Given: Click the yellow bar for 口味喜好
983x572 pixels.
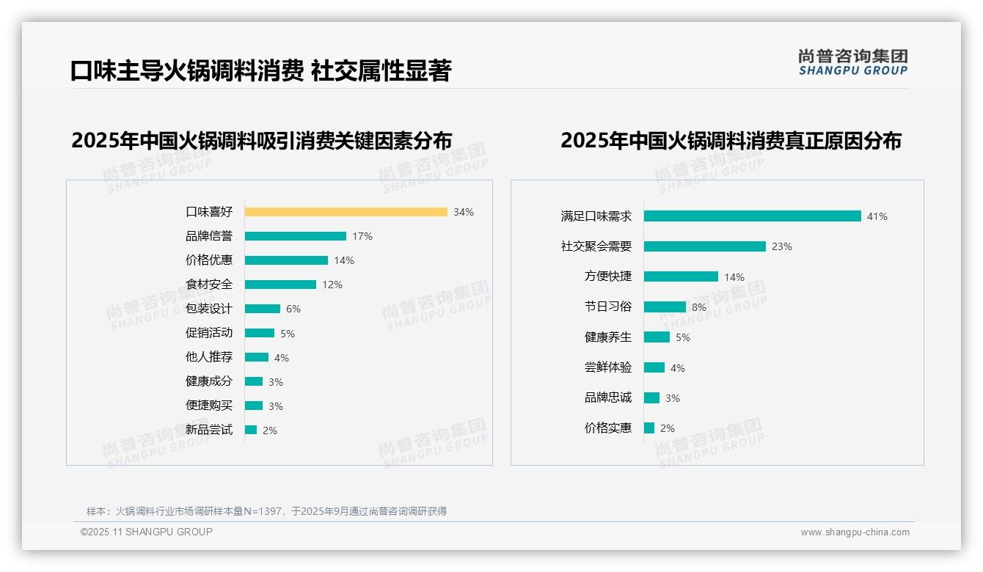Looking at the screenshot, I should tap(346, 212).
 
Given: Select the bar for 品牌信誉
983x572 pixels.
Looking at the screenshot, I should tap(295, 236).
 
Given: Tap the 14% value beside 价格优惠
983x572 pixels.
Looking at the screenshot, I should tap(344, 260).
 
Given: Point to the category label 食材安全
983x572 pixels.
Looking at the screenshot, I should tap(209, 285).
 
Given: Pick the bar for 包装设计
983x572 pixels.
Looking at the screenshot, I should tap(263, 309).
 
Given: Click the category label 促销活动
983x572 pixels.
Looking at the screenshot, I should tap(209, 333).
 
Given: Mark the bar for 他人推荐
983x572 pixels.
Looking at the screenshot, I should tap(257, 357).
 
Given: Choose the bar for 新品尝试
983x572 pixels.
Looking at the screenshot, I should tap(251, 430).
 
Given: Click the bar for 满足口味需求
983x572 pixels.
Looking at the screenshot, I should tap(752, 216).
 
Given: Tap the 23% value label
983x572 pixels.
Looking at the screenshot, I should tap(782, 247).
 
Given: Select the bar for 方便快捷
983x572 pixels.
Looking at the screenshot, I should tap(681, 276).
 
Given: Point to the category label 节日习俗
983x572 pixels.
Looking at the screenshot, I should tap(608, 307).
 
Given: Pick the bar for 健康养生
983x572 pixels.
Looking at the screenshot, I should tap(657, 337).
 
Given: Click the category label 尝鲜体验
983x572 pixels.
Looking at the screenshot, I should tap(608, 367).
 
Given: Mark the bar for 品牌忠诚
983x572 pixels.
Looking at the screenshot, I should tap(651, 397).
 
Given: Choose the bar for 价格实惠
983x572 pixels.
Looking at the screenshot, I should tap(649, 428).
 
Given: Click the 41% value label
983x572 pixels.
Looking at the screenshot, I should tap(877, 217).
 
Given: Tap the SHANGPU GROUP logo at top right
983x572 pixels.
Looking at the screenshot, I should tap(852, 62).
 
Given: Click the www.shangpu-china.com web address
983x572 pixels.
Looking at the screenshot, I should tap(855, 532).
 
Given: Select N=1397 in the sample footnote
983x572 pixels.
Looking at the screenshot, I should tap(260, 511).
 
